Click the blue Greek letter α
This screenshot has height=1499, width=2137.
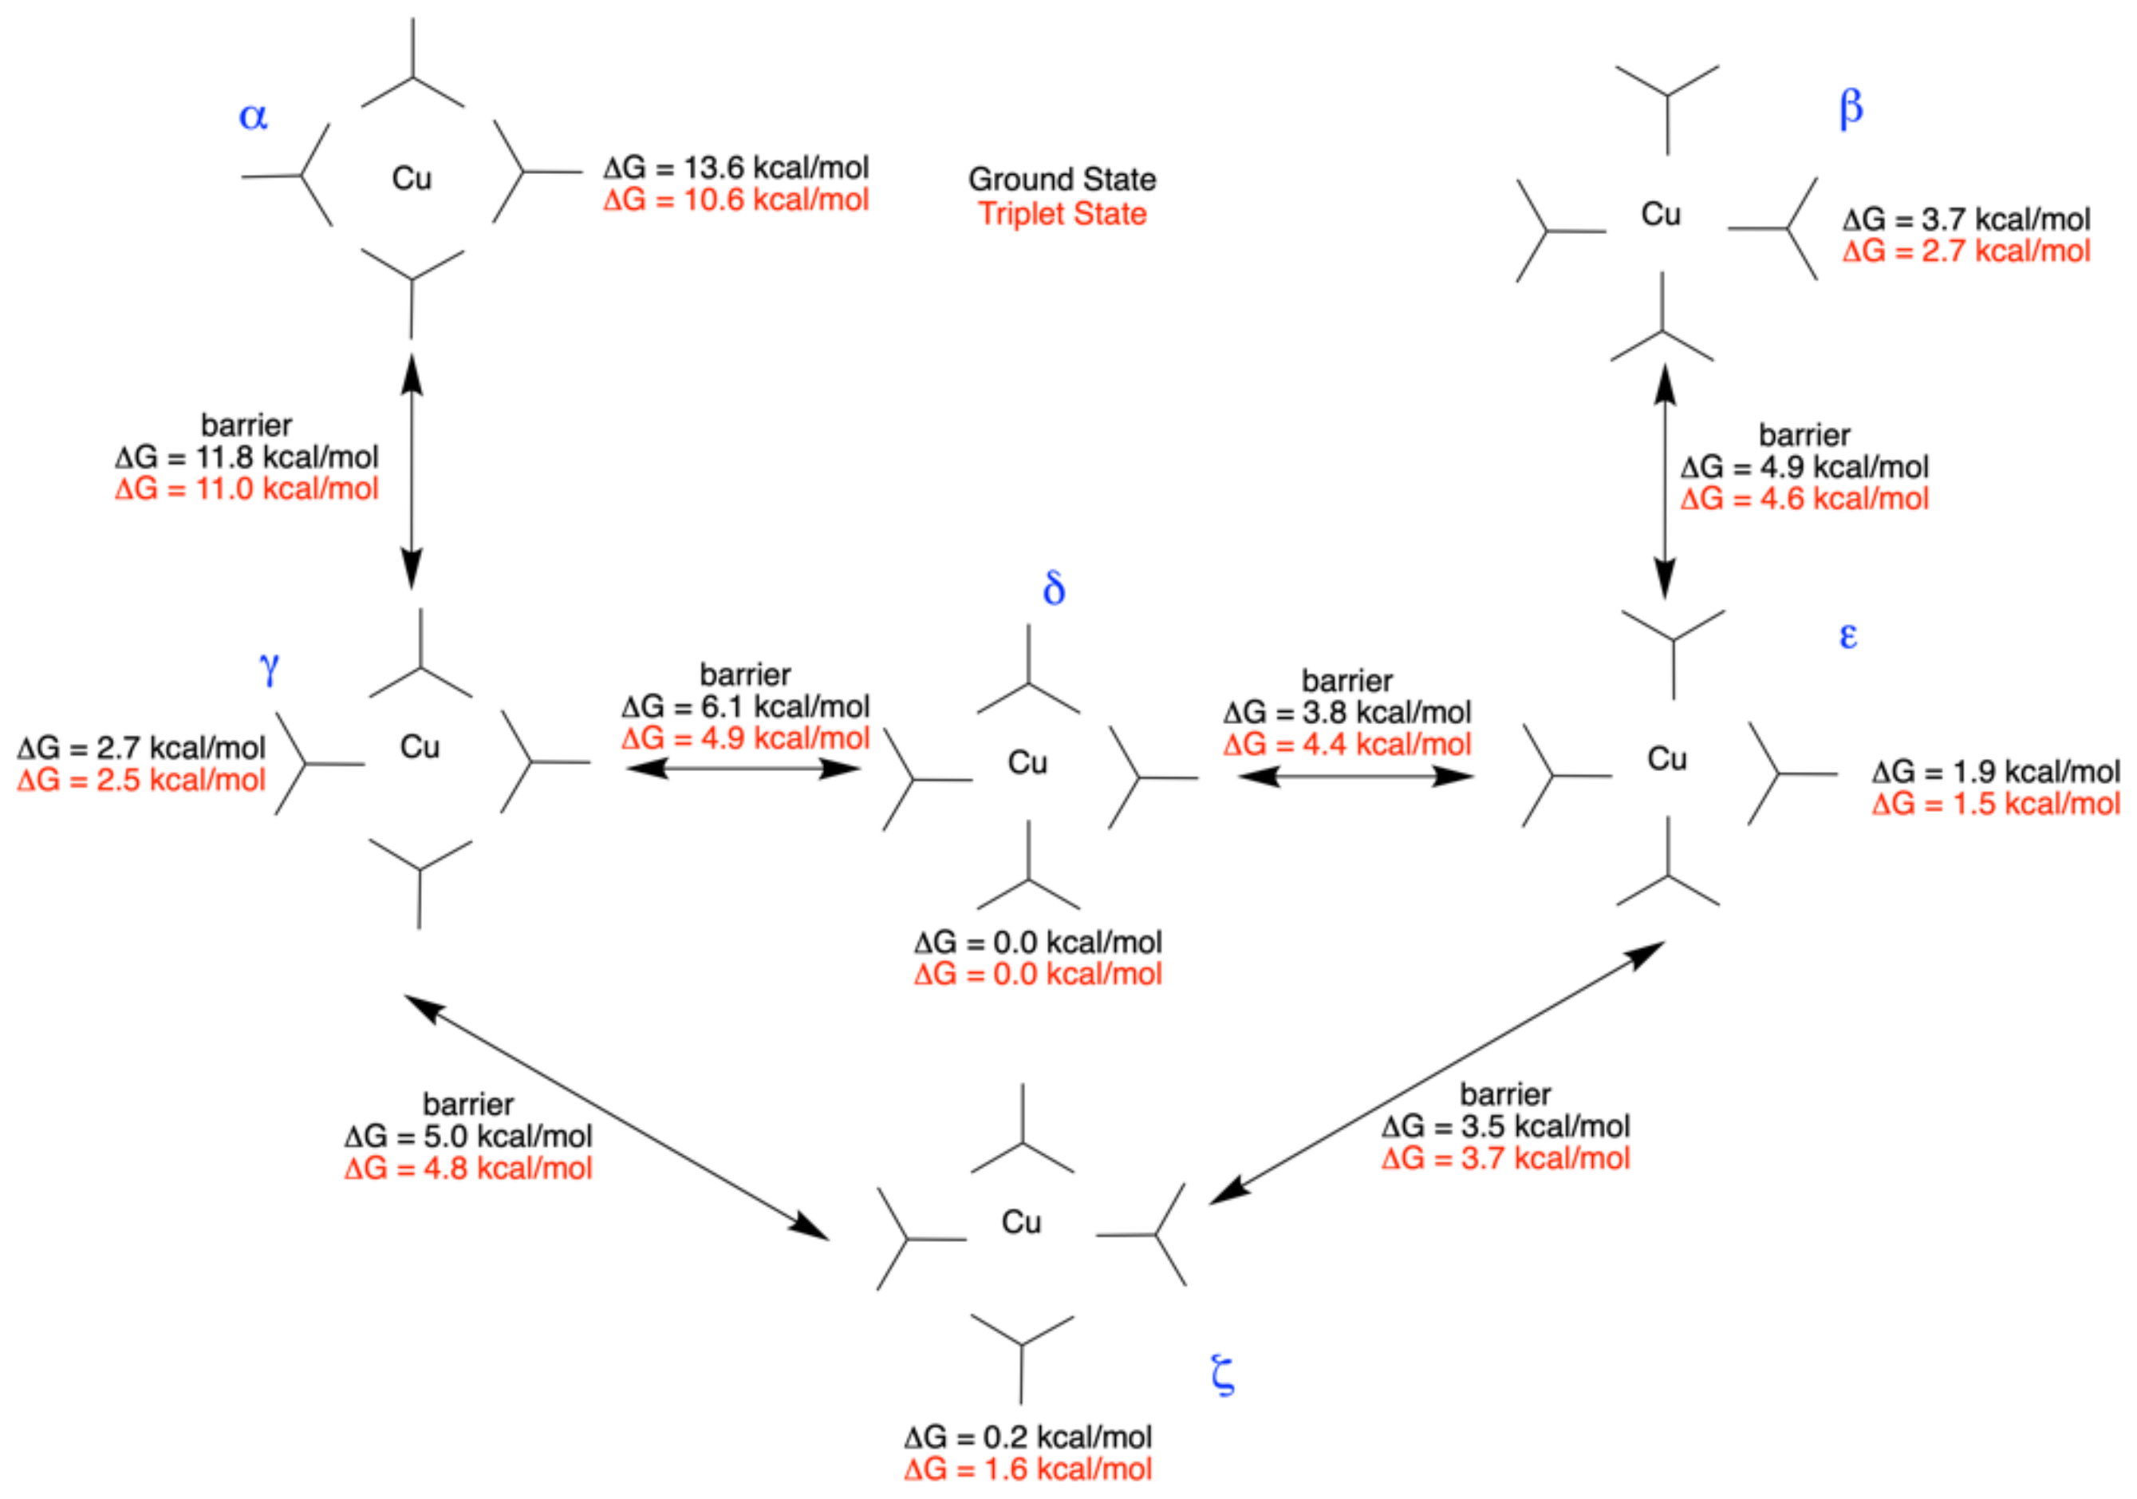pyautogui.click(x=253, y=117)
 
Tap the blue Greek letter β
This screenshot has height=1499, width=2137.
pyautogui.click(x=1851, y=109)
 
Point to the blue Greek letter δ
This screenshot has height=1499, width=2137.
pyautogui.click(x=1054, y=588)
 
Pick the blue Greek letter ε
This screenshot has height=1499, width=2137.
pyautogui.click(x=1848, y=637)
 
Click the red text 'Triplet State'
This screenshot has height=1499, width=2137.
pyautogui.click(x=1062, y=214)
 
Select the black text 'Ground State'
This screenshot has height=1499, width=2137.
pyautogui.click(x=1062, y=179)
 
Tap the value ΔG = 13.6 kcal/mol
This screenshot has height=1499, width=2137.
pyautogui.click(x=735, y=168)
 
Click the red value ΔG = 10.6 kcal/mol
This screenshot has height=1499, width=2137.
pyautogui.click(x=735, y=200)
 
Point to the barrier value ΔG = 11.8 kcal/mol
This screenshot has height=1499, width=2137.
pyautogui.click(x=246, y=457)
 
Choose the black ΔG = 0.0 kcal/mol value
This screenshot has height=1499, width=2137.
pyautogui.click(x=1038, y=942)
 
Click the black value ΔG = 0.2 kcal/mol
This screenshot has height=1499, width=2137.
pyautogui.click(x=1027, y=1437)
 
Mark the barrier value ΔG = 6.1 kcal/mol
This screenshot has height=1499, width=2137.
pyautogui.click(x=746, y=706)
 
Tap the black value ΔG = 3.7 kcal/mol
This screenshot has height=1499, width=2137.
pyautogui.click(x=1965, y=220)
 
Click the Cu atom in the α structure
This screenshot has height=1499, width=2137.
pyautogui.click(x=412, y=178)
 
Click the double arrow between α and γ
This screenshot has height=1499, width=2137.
pyautogui.click(x=412, y=471)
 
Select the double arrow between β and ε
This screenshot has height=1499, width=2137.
pyautogui.click(x=1665, y=481)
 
